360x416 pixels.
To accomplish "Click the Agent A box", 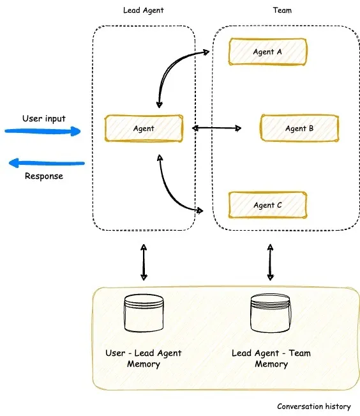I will point(268,52).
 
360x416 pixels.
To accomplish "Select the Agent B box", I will point(299,128).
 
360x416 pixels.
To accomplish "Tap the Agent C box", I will point(267,205).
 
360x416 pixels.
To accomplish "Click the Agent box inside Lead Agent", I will point(144,128).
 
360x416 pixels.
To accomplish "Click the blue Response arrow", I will point(46,164).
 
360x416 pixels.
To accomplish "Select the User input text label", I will point(44,118).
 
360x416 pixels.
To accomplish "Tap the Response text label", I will point(44,176).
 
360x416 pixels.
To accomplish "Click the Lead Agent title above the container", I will point(144,11).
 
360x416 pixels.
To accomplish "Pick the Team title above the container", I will point(281,11).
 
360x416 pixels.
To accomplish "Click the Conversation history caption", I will point(313,406).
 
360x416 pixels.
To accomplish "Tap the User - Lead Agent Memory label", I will point(144,358).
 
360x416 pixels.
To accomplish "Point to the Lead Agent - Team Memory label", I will point(271,358).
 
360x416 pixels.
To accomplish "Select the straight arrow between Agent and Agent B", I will point(217,128).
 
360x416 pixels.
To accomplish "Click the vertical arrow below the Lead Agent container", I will point(144,262).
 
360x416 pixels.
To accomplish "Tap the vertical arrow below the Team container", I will point(271,262).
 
